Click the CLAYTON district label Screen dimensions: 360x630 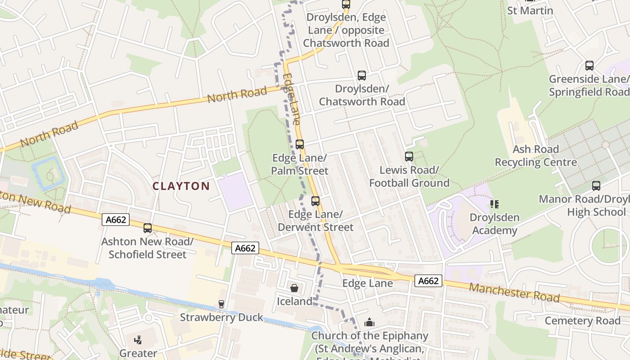pos(181,186)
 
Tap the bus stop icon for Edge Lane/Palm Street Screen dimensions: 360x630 pos(300,144)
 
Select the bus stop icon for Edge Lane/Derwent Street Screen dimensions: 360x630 pos(315,201)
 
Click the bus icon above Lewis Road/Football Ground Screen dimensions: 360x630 pos(409,157)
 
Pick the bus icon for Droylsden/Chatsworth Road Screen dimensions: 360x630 pos(362,76)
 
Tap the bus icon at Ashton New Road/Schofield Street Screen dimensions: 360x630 pos(148,228)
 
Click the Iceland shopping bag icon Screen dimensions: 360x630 pos(294,288)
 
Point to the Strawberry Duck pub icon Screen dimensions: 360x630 pos(221,304)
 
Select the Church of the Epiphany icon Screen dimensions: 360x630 pos(369,322)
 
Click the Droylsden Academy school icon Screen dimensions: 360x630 pos(495,204)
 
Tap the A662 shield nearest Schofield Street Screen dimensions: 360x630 pos(116,220)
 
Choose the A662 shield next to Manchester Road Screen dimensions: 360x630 pos(428,281)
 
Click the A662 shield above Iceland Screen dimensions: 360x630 pos(246,248)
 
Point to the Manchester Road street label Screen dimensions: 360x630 pos(514,293)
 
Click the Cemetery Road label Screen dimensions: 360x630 pos(582,321)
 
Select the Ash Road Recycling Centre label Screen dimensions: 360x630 pos(535,156)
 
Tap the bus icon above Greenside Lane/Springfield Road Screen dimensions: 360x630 pos(589,66)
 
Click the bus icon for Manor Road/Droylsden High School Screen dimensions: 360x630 pos(596,185)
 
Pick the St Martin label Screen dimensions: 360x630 pos(530,10)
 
